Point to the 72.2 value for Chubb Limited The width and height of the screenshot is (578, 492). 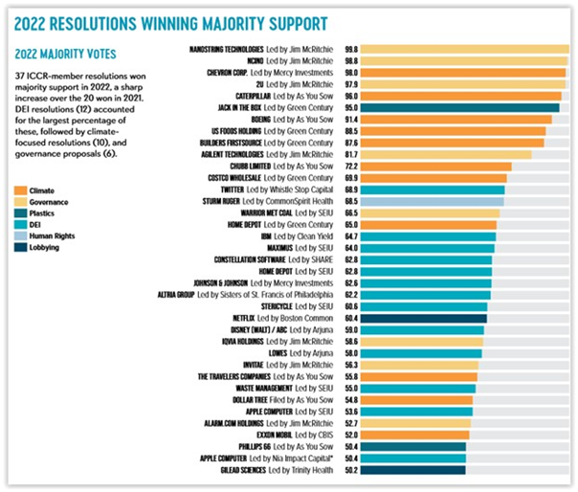[x=351, y=166]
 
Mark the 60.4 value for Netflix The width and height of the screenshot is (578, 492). [x=351, y=318]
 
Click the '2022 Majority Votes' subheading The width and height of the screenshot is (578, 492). [x=58, y=55]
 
